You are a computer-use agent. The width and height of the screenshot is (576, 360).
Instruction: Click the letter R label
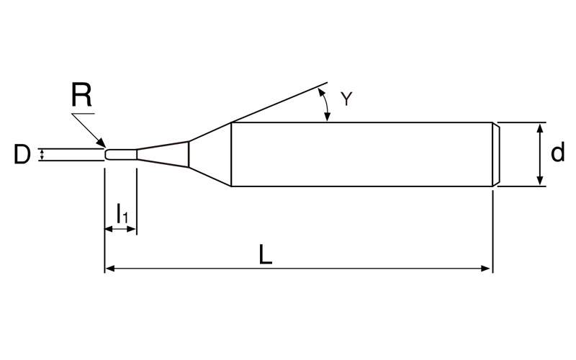coord(81,94)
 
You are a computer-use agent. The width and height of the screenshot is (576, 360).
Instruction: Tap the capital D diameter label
coord(22,154)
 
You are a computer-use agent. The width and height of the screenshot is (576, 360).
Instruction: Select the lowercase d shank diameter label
coord(557,153)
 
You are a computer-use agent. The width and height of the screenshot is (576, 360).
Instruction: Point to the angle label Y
coord(346,99)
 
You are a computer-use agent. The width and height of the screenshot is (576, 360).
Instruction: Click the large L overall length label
coord(265,255)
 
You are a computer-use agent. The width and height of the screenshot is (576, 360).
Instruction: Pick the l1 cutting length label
coord(122,213)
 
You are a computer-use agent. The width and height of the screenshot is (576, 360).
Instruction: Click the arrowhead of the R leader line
coord(102,143)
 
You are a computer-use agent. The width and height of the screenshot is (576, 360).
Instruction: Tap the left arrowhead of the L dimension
coord(109,269)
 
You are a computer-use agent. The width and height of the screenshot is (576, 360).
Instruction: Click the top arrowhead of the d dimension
coord(539,128)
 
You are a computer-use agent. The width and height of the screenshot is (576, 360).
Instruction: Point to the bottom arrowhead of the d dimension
coord(539,181)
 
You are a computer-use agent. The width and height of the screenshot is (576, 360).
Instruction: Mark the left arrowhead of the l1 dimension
coord(109,229)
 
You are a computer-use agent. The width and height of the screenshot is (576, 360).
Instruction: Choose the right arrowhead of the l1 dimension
coord(132,229)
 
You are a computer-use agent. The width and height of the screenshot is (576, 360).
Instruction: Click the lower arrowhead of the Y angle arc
coord(327,117)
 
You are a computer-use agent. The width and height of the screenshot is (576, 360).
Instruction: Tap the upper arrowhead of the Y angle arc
coord(320,92)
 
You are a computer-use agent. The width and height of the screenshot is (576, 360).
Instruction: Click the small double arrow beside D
coord(42,155)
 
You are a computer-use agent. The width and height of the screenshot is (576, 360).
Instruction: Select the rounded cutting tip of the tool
coord(107,155)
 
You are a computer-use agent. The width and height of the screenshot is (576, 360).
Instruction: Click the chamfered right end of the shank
coord(496,154)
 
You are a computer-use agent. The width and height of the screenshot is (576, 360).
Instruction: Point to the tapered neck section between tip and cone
coord(163,154)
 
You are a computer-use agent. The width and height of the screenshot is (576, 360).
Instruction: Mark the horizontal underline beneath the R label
coord(84,114)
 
